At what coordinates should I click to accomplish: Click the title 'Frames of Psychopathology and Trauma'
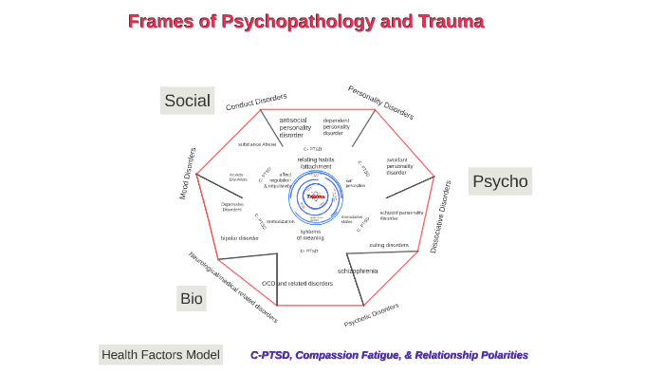(305, 22)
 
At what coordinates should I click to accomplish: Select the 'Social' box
(187, 101)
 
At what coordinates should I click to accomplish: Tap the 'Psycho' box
(500, 181)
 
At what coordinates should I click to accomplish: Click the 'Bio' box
(191, 298)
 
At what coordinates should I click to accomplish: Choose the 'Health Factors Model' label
(160, 355)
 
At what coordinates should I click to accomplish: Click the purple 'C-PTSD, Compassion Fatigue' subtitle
(389, 355)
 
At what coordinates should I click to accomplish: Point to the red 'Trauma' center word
(316, 196)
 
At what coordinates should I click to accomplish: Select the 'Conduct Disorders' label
(256, 102)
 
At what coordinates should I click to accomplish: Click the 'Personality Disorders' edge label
(380, 103)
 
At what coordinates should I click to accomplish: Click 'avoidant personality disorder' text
(399, 166)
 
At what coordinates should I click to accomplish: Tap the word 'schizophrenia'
(358, 271)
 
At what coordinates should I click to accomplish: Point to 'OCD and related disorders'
(297, 283)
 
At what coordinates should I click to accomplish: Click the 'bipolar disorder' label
(239, 238)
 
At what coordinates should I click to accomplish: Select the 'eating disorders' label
(389, 245)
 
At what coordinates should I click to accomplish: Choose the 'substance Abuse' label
(257, 144)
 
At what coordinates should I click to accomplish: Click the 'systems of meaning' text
(310, 234)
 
